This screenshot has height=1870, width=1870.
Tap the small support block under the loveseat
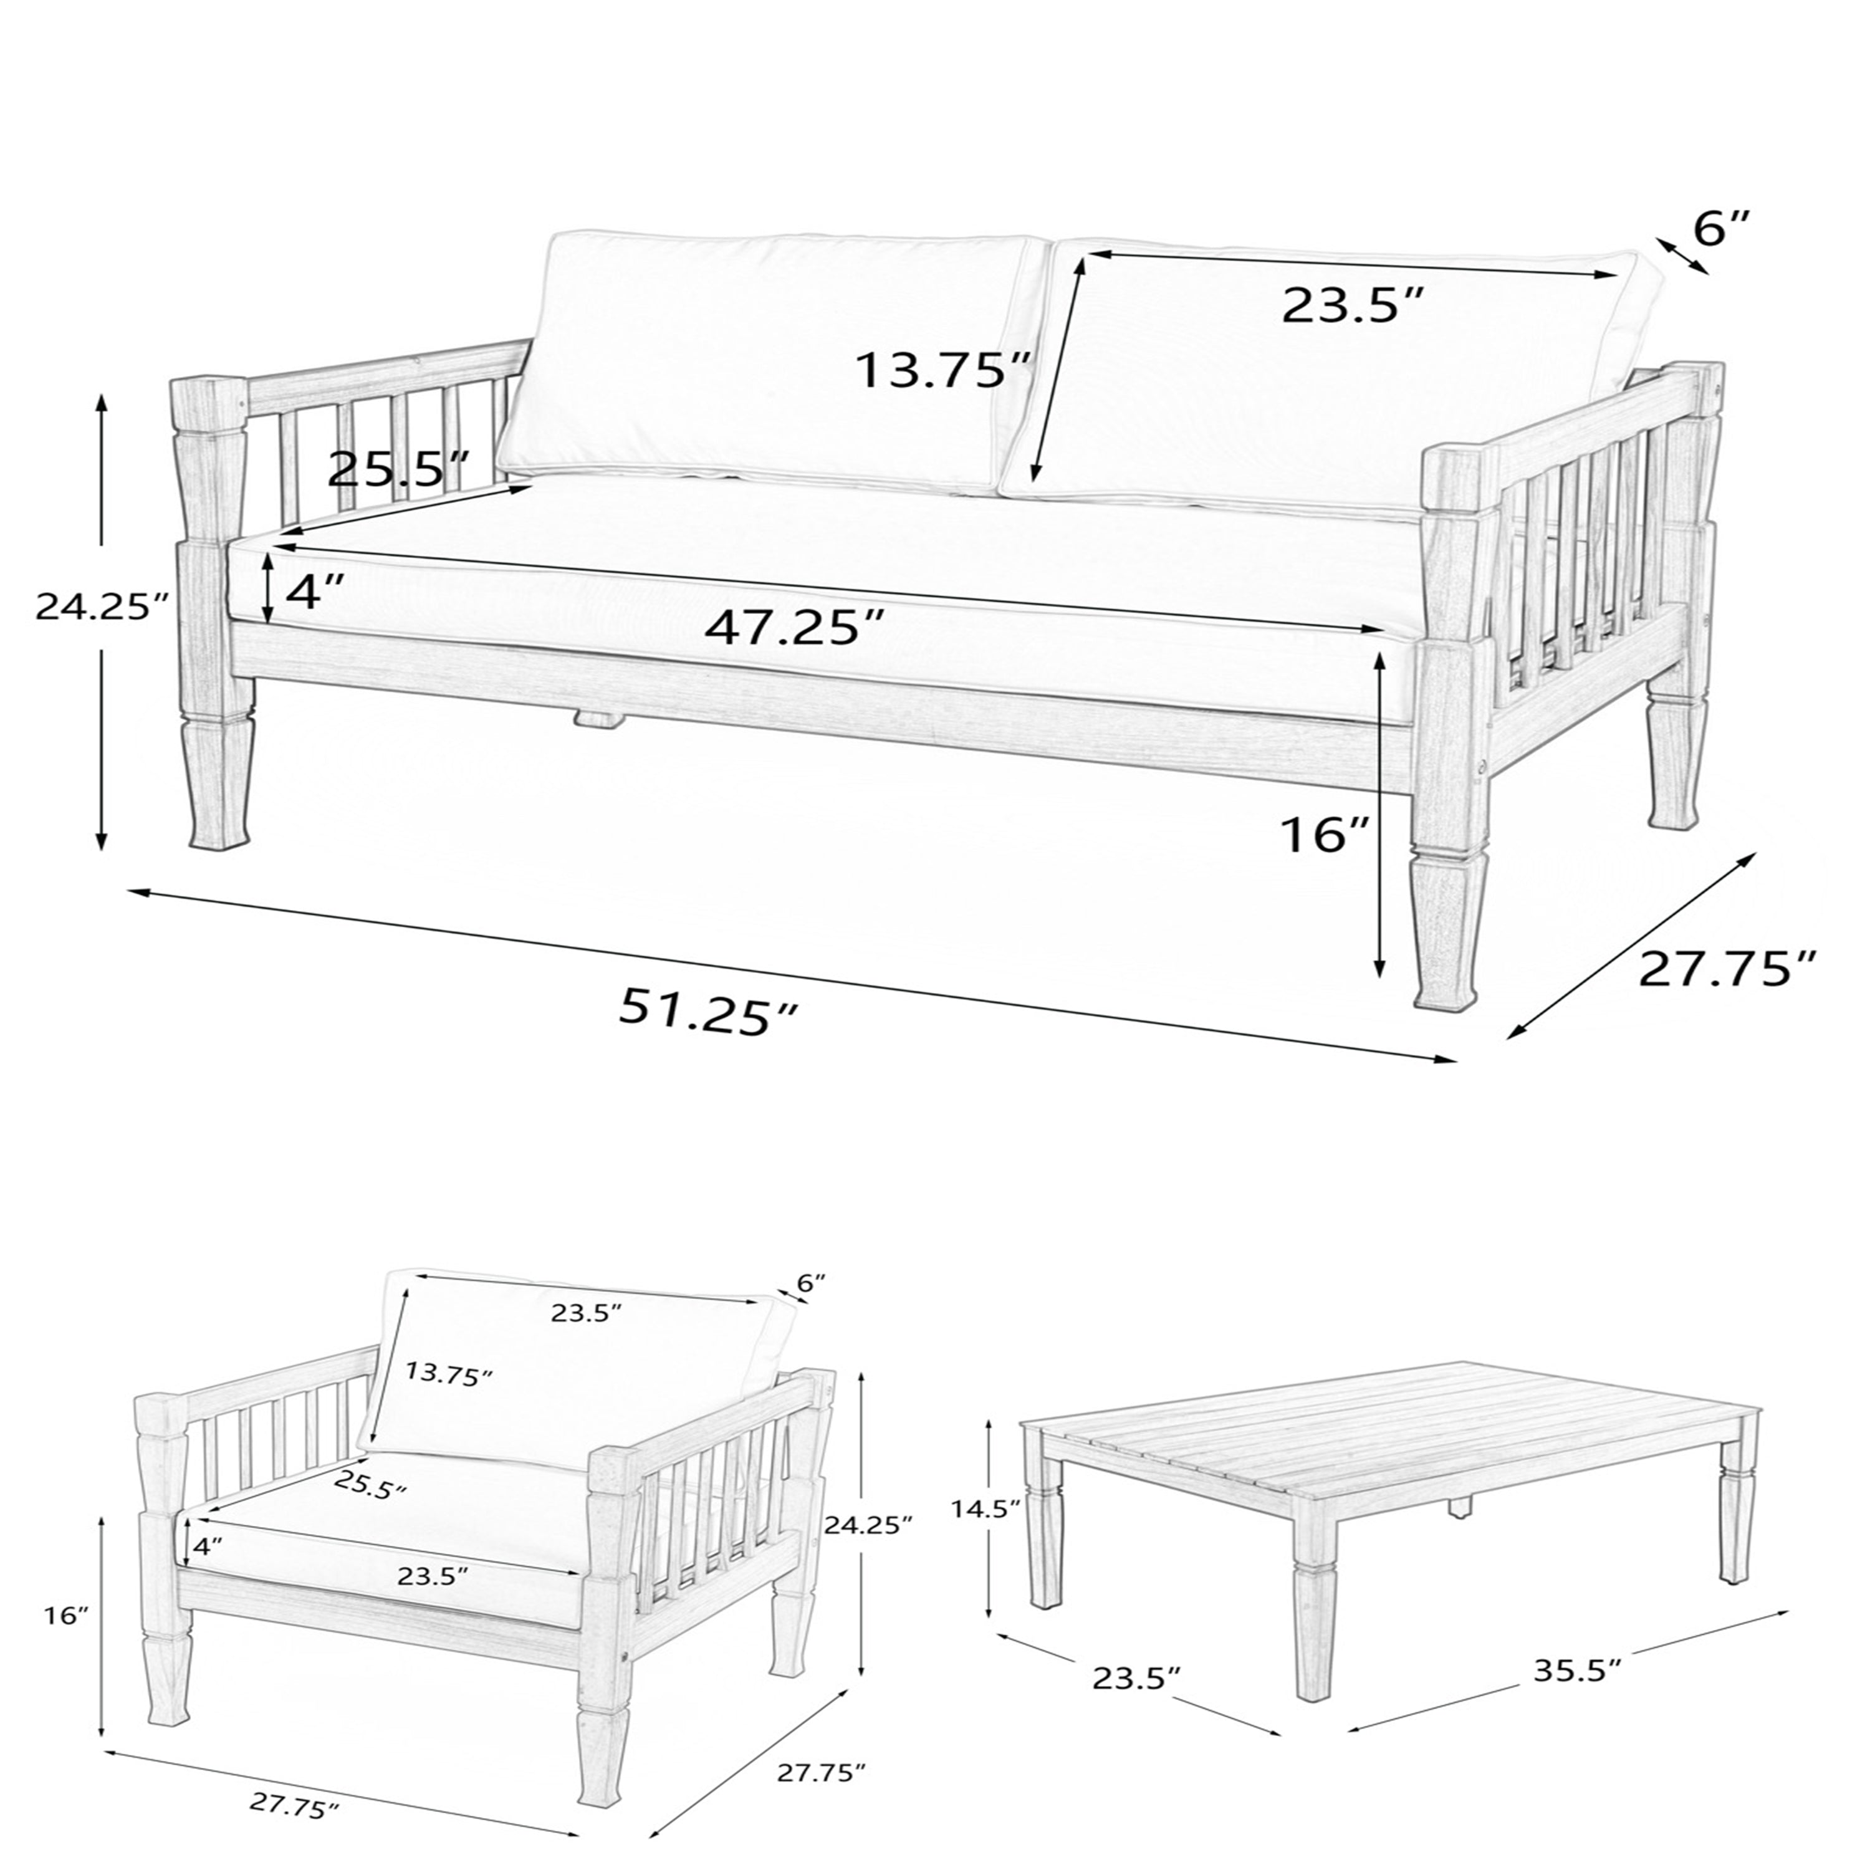point(598,718)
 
